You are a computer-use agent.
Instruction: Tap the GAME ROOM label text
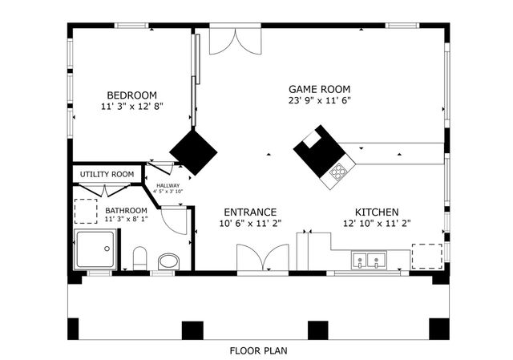319,89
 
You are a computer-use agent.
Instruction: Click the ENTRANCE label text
249,212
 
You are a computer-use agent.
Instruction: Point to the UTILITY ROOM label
107,174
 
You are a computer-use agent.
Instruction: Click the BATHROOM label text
127,211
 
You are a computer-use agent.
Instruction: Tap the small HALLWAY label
168,185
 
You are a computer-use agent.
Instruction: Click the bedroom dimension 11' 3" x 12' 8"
132,106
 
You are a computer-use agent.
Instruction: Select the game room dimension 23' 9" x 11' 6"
320,101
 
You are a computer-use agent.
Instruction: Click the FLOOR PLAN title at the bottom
258,350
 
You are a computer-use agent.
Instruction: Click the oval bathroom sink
168,261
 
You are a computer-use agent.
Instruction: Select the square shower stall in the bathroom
95,250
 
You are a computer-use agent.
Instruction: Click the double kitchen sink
369,260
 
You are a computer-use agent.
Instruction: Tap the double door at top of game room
235,42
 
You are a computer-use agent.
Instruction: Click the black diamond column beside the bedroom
193,150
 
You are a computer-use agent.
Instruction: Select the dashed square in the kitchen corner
426,257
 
